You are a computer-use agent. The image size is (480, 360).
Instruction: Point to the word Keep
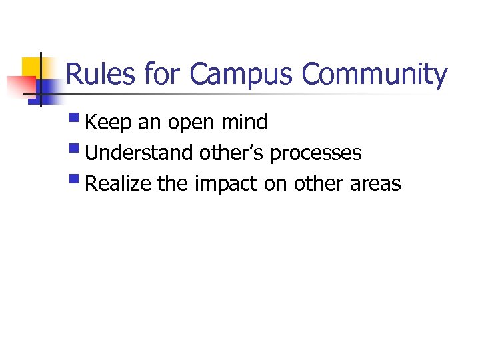tap(109, 123)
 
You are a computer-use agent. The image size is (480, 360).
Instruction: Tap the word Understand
tap(139, 153)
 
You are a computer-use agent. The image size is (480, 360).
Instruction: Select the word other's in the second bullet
tap(233, 153)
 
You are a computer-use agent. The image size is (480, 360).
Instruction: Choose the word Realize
tap(119, 184)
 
